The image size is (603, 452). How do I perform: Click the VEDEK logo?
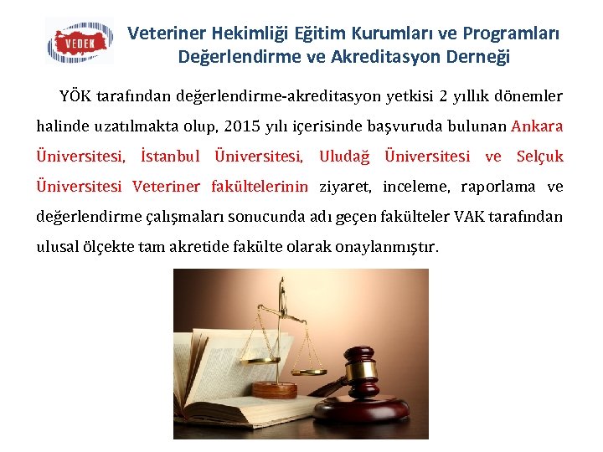[x=80, y=41]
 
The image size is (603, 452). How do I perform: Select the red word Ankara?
[x=537, y=126]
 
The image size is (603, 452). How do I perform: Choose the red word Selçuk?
[x=540, y=157]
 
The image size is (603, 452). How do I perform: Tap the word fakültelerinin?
[x=260, y=187]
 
